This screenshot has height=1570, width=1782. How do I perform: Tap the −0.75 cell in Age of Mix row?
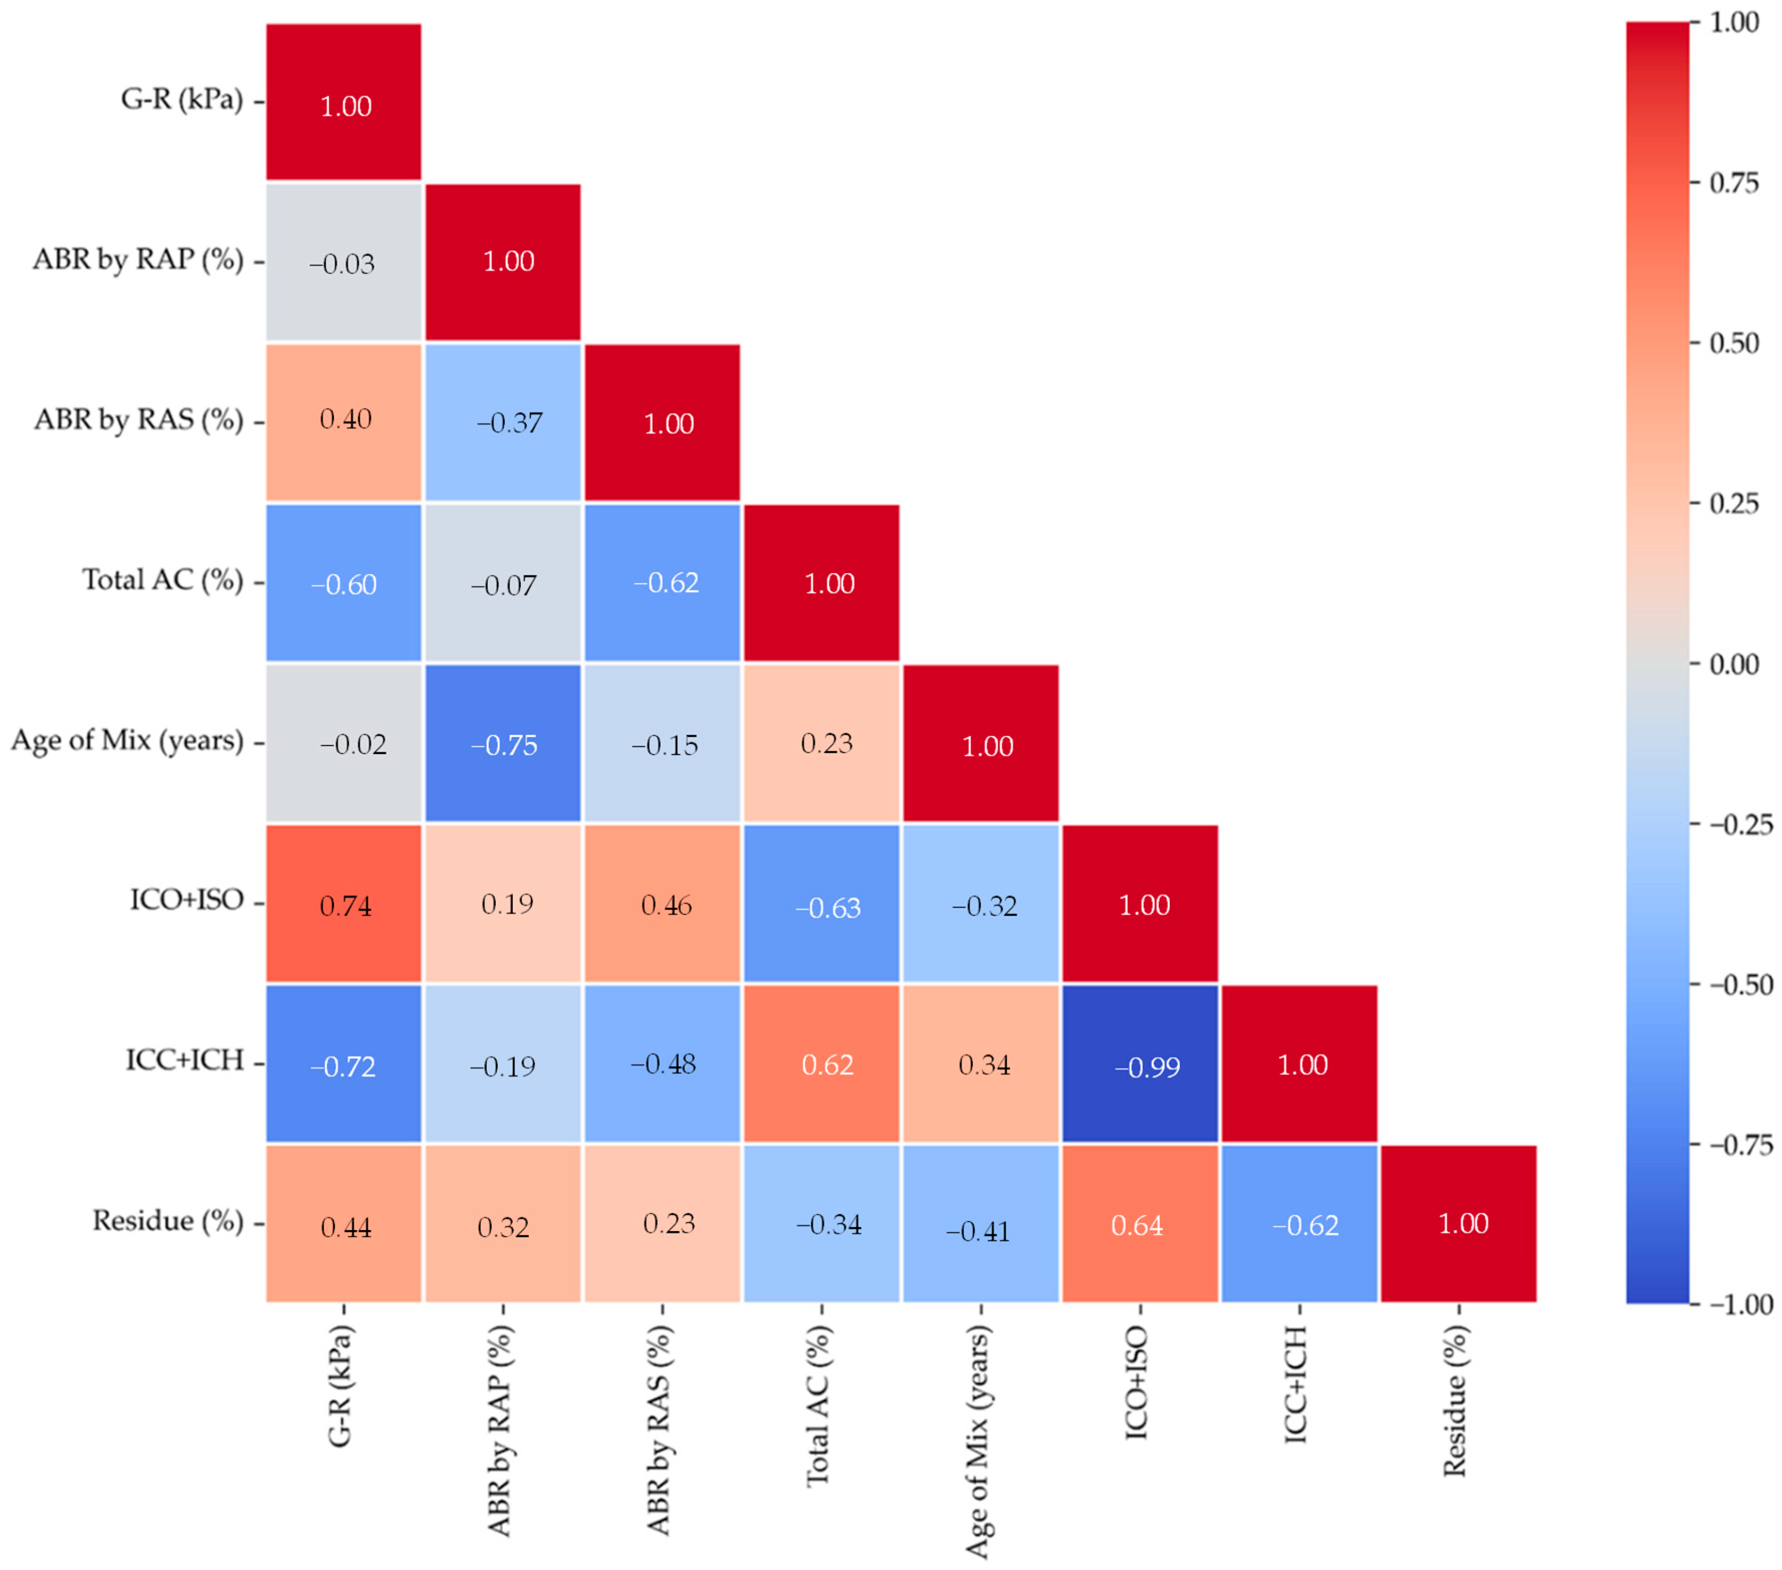point(503,743)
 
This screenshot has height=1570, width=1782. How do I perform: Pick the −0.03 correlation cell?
point(344,261)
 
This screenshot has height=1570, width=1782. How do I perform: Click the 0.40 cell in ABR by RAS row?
point(344,422)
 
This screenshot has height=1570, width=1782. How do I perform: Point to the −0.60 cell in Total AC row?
point(344,582)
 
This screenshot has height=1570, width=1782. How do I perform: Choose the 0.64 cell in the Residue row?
point(1141,1224)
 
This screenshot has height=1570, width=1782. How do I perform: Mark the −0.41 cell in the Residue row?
point(981,1224)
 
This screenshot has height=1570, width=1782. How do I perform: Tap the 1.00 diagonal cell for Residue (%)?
point(1459,1224)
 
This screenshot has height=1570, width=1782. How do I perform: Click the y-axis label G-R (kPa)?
point(181,100)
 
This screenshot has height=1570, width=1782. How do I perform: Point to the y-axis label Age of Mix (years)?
point(127,741)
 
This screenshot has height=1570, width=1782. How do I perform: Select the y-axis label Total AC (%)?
point(162,581)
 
